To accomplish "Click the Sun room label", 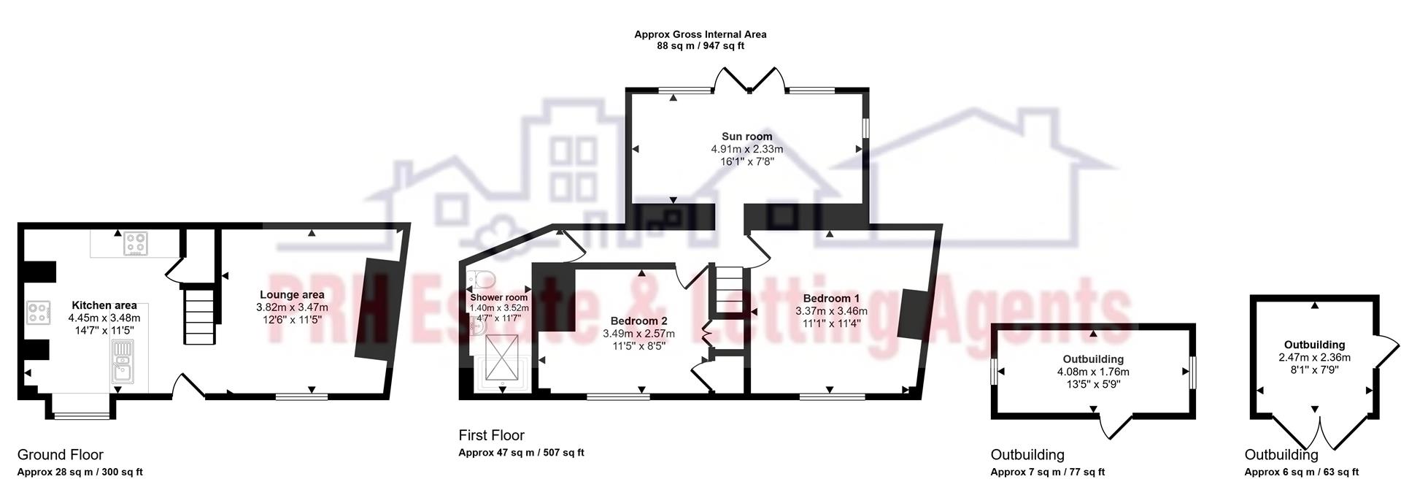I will pos(746,137).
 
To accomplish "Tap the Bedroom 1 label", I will pos(831,299).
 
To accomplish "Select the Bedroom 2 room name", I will pos(638,321).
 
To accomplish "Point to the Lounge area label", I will pos(292,295).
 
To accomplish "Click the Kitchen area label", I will pos(104,305).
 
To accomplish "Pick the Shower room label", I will pos(498,298).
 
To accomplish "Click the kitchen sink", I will pos(122,363).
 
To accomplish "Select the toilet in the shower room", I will pos(482,279).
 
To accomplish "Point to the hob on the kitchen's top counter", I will pos(134,242).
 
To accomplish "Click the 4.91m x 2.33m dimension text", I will pos(746,149).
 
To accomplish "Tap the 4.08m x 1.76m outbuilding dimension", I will pos(1092,372).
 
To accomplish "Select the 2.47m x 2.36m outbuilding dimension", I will pos(1314,358).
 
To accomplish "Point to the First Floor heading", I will pos(491,436).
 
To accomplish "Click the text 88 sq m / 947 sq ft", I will pos(700,46).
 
